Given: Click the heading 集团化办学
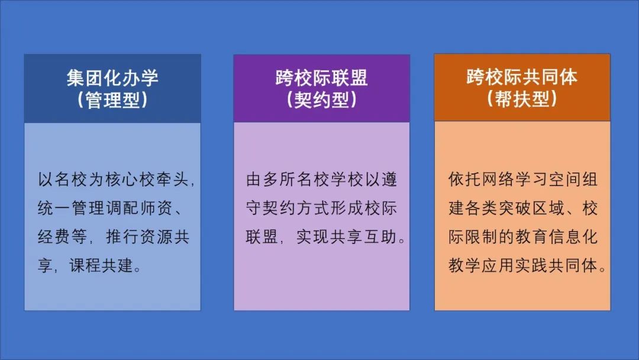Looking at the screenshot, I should tap(112, 78).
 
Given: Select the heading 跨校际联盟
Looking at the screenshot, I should tap(321, 78).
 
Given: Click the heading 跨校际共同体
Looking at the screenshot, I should tap(522, 78).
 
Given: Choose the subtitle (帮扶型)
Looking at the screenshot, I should tap(522, 99).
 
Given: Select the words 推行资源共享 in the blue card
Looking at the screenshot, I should tap(147, 237).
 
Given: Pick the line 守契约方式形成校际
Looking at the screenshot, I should tap(321, 208).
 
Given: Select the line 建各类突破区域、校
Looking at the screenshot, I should tap(523, 208).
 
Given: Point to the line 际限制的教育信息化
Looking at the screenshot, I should tap(523, 237).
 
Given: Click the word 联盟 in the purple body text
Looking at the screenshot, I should tap(260, 237).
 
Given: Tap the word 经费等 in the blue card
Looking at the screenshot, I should tap(60, 237).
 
